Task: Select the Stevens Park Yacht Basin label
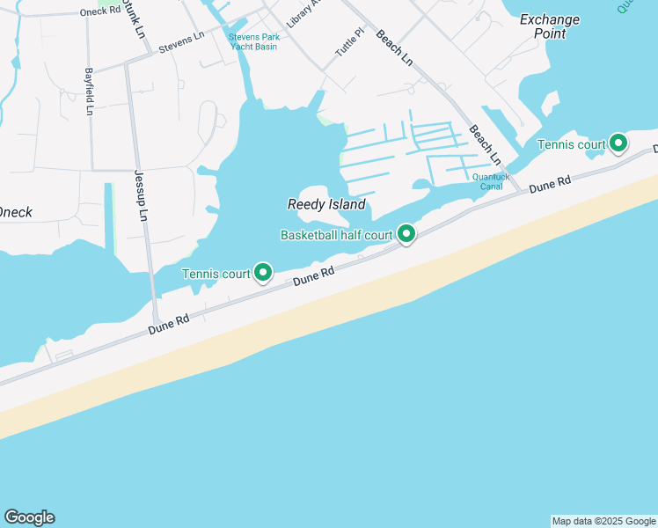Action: [x=252, y=41]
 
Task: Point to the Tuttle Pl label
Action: [x=348, y=43]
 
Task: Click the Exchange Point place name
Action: [x=550, y=26]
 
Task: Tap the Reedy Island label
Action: [x=326, y=204]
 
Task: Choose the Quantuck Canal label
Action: [x=491, y=180]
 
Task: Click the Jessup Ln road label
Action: [x=140, y=195]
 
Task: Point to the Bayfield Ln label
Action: [x=89, y=93]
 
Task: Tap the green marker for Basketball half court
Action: [x=406, y=234]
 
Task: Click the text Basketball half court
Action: [x=336, y=235]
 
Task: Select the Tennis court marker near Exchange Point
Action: [x=618, y=143]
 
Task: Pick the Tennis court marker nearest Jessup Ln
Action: [x=262, y=273]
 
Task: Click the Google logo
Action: [x=29, y=517]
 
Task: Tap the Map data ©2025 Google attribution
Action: [x=603, y=521]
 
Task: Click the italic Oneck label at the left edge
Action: [x=16, y=212]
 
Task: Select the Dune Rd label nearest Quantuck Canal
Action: [x=551, y=186]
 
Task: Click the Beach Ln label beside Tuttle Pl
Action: [x=394, y=48]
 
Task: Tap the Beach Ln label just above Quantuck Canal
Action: [x=485, y=145]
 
